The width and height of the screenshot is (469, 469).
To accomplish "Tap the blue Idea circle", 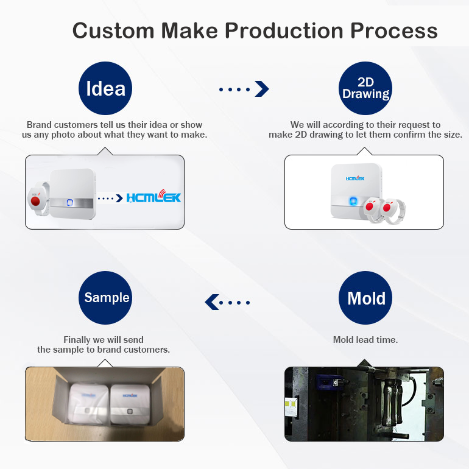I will [105, 89].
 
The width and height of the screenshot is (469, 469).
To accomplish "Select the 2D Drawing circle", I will [365, 89].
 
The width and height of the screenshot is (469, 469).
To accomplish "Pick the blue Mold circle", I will [365, 298].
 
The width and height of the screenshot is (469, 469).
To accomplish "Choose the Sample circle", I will [107, 298].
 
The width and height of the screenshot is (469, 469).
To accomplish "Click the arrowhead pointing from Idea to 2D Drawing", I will [262, 89].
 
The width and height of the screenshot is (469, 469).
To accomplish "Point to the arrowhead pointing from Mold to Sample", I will [211, 301].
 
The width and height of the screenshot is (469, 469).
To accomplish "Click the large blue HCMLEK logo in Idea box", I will [153, 197].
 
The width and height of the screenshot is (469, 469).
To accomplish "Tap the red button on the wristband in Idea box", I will [35, 199].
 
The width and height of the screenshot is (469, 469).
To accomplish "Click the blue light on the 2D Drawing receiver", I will [353, 202].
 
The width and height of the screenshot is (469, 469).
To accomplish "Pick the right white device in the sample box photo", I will [130, 405].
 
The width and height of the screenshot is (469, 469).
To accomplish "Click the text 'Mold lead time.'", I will [365, 340].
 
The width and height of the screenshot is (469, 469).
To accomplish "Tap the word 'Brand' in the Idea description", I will [39, 125].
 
